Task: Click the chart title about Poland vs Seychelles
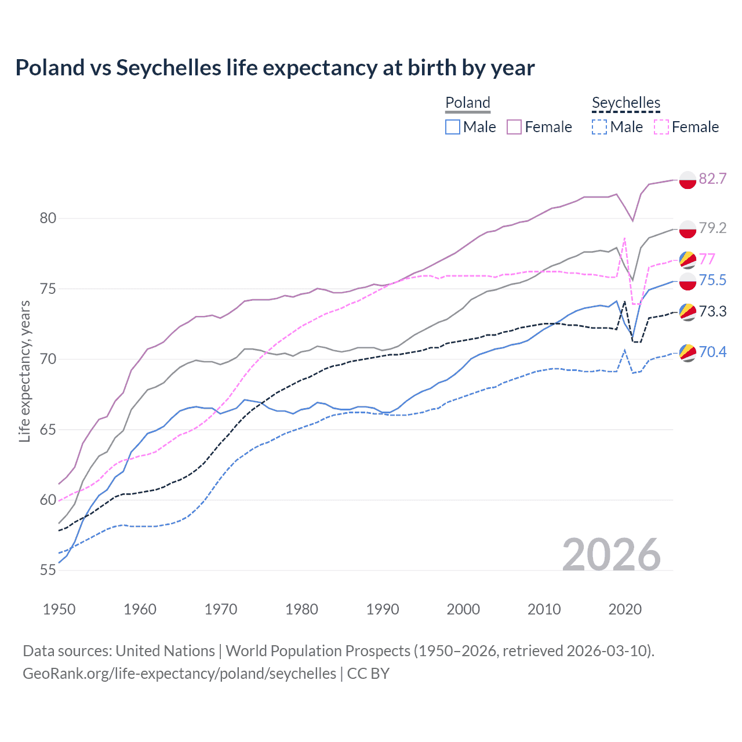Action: [275, 68]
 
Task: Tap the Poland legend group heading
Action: [468, 103]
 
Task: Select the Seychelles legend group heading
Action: [626, 103]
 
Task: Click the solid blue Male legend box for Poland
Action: [453, 127]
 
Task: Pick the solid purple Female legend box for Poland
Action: [514, 127]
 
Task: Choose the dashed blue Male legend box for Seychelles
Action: [599, 127]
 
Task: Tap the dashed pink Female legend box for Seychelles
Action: [661, 127]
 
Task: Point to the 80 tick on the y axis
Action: [48, 219]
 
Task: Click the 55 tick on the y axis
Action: [48, 570]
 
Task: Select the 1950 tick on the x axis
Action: [59, 609]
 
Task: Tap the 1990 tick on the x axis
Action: [383, 609]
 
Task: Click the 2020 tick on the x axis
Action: [625, 609]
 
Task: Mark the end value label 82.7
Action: [712, 179]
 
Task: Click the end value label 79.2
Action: [712, 228]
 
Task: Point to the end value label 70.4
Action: [712, 352]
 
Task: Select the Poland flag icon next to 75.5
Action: [688, 281]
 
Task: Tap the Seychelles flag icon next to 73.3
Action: [688, 312]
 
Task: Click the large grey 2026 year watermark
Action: [612, 555]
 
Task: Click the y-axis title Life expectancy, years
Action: [24, 371]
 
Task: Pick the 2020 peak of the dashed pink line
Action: [624, 238]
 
